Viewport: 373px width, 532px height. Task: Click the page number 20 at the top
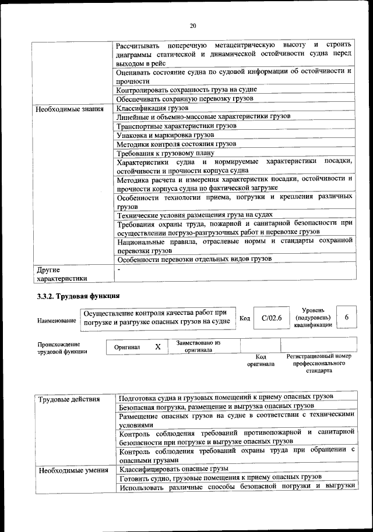pos(193,25)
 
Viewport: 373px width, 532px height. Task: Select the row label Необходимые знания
pos(69,109)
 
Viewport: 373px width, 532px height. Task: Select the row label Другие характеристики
pos(61,274)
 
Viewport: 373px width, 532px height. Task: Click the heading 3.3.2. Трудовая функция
pos(78,296)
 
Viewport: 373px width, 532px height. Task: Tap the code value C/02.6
pos(272,318)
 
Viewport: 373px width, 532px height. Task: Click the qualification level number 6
pos(347,317)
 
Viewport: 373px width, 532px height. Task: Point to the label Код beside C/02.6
pos(245,318)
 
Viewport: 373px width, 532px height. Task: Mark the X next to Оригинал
pos(157,346)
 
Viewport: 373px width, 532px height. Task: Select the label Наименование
pos(57,321)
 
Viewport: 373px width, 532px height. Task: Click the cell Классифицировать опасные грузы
pos(173,469)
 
